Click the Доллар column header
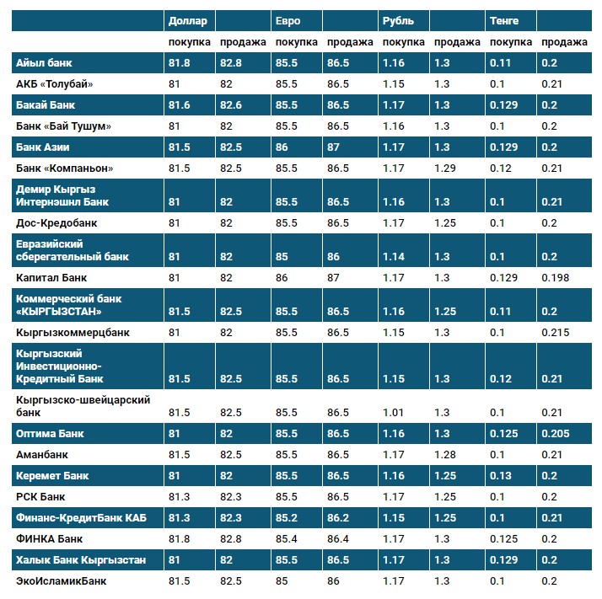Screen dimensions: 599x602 point(187,20)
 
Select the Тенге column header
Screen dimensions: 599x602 point(504,20)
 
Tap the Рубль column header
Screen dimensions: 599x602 point(397,20)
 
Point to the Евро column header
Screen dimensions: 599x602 point(288,20)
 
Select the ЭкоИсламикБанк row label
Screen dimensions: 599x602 point(62,580)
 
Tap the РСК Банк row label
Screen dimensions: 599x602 point(41,496)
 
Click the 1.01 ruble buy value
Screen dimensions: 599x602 point(394,412)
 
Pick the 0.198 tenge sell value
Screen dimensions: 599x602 point(555,277)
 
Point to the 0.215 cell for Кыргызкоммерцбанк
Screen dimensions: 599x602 point(555,332)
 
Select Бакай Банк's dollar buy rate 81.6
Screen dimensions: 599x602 point(180,105)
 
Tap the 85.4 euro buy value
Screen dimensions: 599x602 point(287,538)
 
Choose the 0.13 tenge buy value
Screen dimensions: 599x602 point(501,476)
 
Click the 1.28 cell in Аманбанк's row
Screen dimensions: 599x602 point(444,455)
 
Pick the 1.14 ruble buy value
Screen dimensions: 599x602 point(394,256)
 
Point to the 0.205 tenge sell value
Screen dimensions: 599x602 point(555,434)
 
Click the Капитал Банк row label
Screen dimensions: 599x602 point(51,277)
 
